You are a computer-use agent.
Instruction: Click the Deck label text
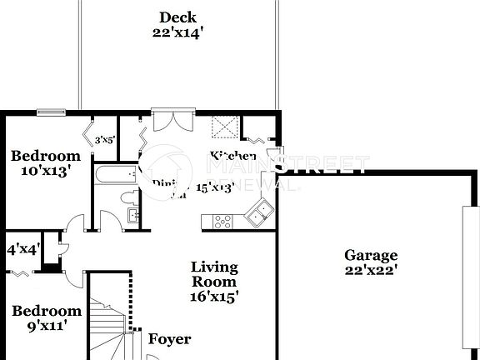pos(178,17)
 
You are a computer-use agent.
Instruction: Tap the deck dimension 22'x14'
pos(178,33)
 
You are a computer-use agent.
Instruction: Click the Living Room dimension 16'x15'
pos(215,297)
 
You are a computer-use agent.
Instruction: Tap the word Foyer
pos(169,339)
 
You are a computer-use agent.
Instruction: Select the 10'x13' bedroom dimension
pos(46,171)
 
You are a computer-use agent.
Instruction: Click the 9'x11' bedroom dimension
pos(46,326)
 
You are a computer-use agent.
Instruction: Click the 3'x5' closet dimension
pos(104,141)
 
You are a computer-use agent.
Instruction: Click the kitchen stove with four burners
pos(222,221)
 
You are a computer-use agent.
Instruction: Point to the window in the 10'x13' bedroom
pos(52,112)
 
